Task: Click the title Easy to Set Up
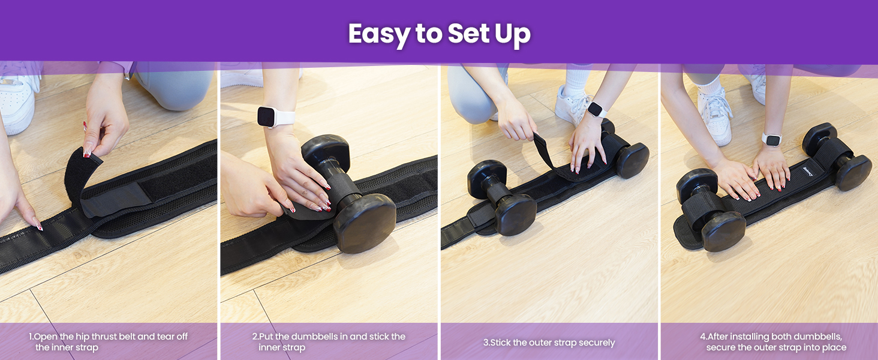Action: [439, 34]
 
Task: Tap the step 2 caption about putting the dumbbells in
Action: [329, 342]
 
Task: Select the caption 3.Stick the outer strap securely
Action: [549, 343]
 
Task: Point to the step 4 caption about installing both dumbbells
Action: [773, 342]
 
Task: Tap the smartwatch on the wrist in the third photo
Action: [596, 110]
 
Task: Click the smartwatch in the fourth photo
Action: [772, 139]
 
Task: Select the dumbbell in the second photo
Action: [348, 192]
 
